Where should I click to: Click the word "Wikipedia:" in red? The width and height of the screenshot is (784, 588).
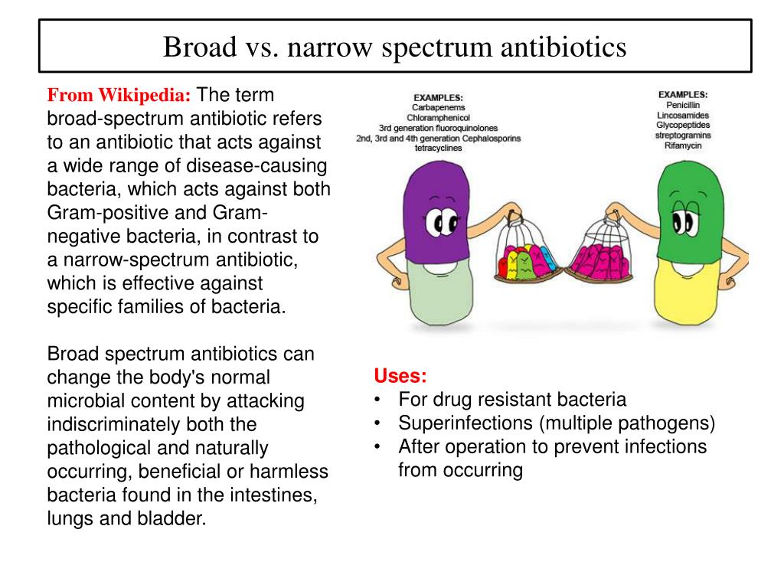pyautogui.click(x=145, y=95)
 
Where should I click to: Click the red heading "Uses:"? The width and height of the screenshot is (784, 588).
pyautogui.click(x=400, y=376)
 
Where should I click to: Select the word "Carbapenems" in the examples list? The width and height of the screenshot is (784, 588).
pyautogui.click(x=438, y=107)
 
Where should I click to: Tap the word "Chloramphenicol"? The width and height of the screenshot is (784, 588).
pyautogui.click(x=438, y=117)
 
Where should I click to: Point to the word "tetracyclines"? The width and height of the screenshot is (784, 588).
pyautogui.click(x=438, y=148)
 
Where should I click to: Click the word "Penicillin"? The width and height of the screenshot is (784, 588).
pyautogui.click(x=682, y=105)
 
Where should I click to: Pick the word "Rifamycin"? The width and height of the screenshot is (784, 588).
pyautogui.click(x=682, y=145)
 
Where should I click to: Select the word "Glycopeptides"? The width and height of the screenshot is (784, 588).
pyautogui.click(x=682, y=125)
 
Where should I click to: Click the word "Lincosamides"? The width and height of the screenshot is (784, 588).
pyautogui.click(x=682, y=115)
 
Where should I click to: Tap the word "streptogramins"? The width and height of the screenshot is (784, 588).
pyautogui.click(x=682, y=135)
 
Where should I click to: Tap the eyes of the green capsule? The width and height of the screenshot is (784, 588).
pyautogui.click(x=685, y=220)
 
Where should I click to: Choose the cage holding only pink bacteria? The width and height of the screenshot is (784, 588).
pyautogui.click(x=602, y=247)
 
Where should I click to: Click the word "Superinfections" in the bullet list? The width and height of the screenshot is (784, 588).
pyautogui.click(x=465, y=423)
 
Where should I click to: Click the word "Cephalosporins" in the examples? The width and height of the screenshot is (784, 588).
pyautogui.click(x=491, y=138)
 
